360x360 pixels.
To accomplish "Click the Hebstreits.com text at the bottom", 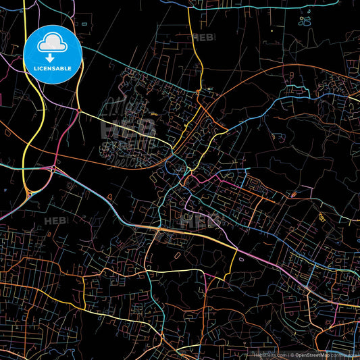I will point(268,354).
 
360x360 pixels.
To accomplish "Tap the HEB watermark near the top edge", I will point(203,37).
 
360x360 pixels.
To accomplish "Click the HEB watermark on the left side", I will point(55,221).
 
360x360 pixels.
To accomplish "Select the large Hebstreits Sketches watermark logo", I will point(128,128).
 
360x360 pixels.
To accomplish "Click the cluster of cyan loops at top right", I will point(306,20).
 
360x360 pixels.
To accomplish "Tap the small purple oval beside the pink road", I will point(109,195).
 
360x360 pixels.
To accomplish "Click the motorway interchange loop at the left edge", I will point(28,194).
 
